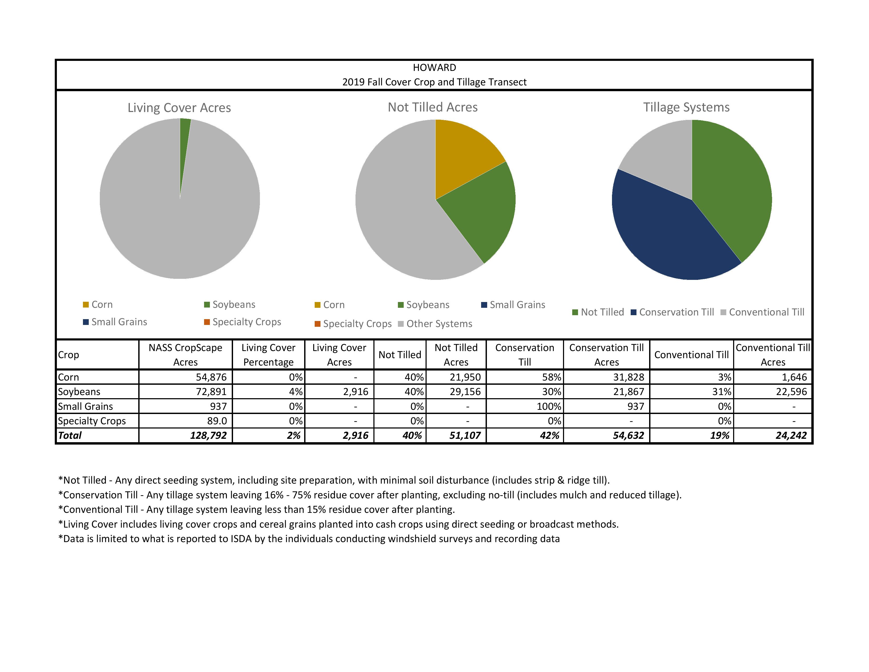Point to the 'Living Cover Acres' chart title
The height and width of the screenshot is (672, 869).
[179, 108]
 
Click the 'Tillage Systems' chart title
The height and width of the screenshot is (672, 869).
[686, 108]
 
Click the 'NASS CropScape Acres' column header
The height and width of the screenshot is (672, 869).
[185, 355]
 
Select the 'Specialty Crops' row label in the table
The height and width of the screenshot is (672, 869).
[92, 421]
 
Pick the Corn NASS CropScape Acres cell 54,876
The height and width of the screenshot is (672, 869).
[211, 377]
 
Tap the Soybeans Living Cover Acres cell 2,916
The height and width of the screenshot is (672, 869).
[355, 392]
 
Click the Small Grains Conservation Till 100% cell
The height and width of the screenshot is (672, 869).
[548, 406]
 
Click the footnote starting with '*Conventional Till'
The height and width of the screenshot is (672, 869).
[257, 510]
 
